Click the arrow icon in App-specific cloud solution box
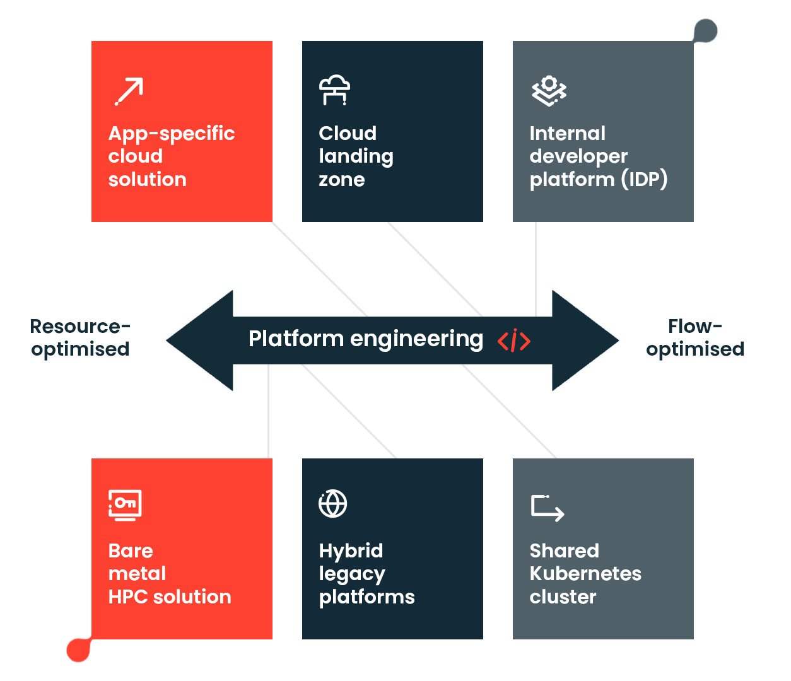tap(129, 91)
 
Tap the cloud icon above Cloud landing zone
tap(334, 90)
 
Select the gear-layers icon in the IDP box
tap(549, 91)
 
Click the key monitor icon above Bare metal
tap(125, 505)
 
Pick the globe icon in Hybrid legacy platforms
tap(333, 504)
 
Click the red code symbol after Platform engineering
tap(514, 340)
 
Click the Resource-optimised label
tap(80, 337)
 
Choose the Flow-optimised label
tap(694, 337)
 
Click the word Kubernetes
tap(585, 573)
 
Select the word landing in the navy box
tap(356, 156)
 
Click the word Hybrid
tap(351, 550)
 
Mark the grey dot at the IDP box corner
tap(706, 30)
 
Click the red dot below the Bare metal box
tap(79, 650)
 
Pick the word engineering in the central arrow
tap(416, 339)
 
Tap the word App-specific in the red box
tap(172, 133)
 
